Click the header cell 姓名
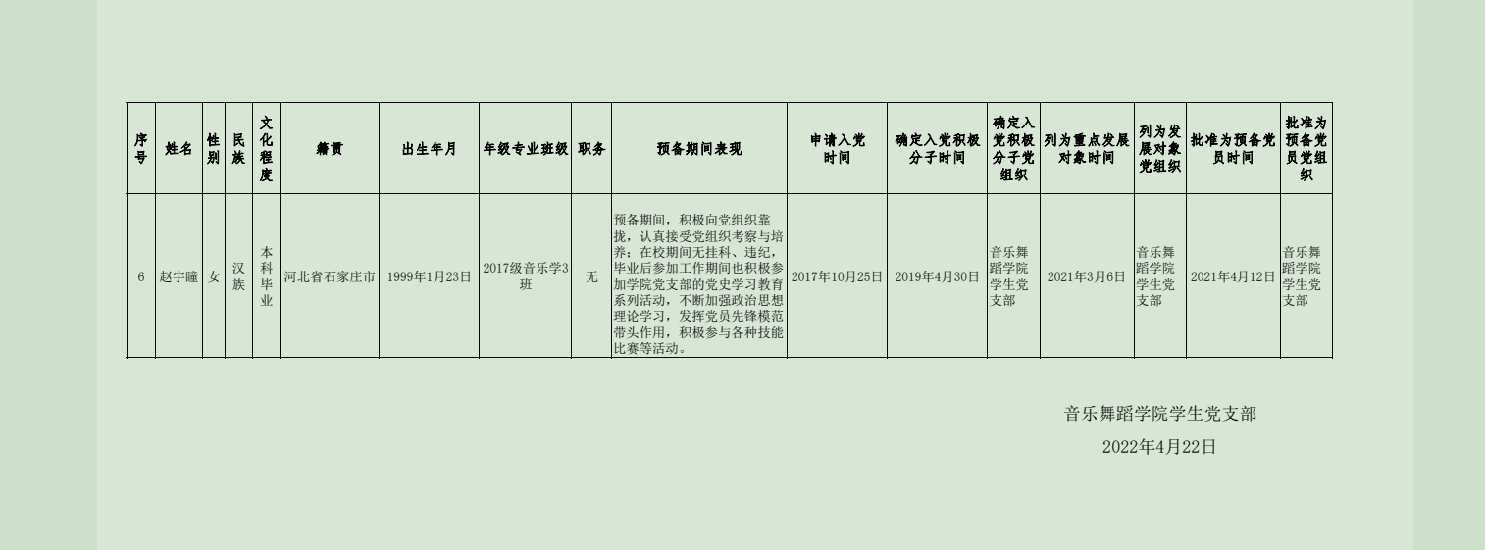pos(179,149)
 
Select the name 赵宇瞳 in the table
pos(179,277)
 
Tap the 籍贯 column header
pos(330,149)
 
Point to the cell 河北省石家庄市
pos(330,277)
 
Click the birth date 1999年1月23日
pos(429,277)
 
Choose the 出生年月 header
pos(429,149)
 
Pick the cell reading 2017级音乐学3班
pos(525,276)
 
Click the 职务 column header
pos(591,149)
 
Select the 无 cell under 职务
pos(591,277)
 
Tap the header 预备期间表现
pos(699,149)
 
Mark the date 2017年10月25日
pos(837,277)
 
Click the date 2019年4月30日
pos(937,277)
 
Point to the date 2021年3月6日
pos(1086,277)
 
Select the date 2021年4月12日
pos(1233,277)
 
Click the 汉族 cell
pos(238,276)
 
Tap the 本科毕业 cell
pos(266,276)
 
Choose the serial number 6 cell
pos(141,277)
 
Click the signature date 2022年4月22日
pos(1158,447)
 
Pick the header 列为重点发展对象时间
pos(1086,149)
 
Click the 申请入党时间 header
pos(837,149)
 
